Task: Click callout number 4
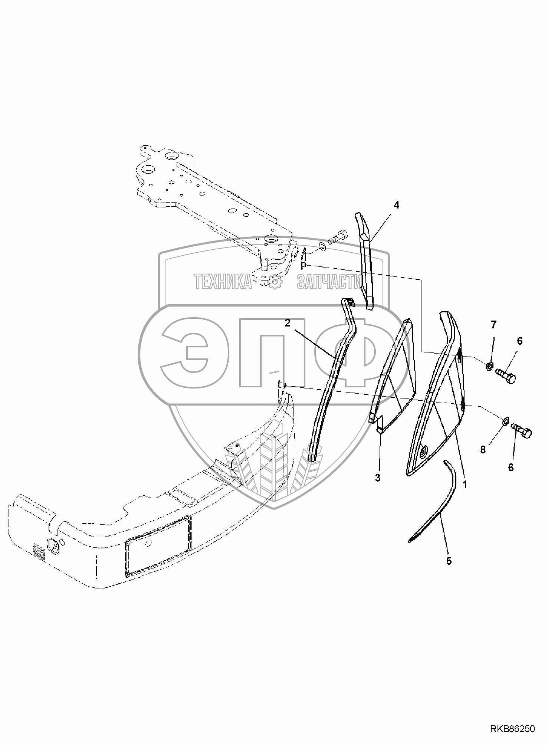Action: pos(397,205)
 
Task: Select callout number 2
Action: pos(288,323)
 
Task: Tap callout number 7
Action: pos(493,325)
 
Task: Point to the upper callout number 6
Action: pos(519,341)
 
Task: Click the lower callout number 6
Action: pos(511,467)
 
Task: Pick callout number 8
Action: pos(483,450)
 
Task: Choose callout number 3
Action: pos(378,478)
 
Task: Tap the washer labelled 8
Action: pos(505,421)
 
